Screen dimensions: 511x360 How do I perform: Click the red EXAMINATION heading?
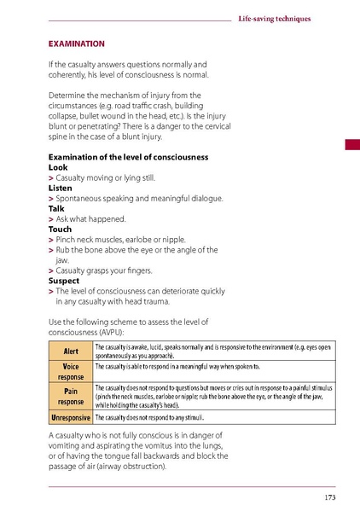point(77,42)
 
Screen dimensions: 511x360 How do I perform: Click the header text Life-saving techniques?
point(273,18)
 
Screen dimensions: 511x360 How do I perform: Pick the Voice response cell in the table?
point(70,370)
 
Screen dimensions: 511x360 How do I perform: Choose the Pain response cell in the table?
point(70,395)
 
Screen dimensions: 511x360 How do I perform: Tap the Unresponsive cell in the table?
point(70,418)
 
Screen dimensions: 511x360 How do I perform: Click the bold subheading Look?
point(58,168)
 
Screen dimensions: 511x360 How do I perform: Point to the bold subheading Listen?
point(61,189)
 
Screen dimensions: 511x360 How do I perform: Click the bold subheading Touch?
point(61,229)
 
